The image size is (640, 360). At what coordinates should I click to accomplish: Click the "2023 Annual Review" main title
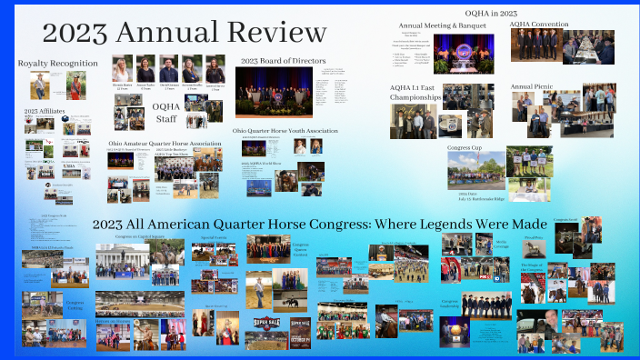tap(185, 33)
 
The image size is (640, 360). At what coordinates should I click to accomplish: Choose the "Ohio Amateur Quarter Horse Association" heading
tap(165, 144)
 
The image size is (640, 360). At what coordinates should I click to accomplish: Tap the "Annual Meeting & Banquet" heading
tap(442, 25)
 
